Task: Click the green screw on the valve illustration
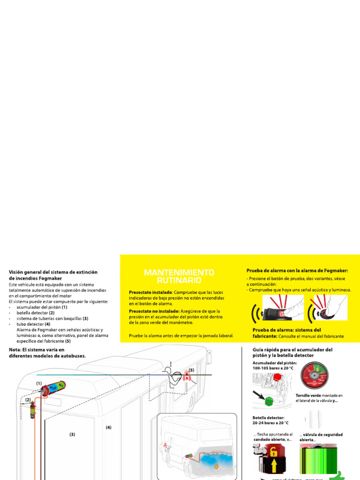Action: [x=269, y=401]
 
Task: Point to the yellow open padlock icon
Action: [x=273, y=452]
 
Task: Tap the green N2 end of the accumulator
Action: [x=61, y=385]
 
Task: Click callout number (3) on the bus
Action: [x=72, y=435]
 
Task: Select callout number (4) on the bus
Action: [x=108, y=427]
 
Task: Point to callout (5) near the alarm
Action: [x=191, y=370]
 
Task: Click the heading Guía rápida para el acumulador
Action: [x=292, y=350]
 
